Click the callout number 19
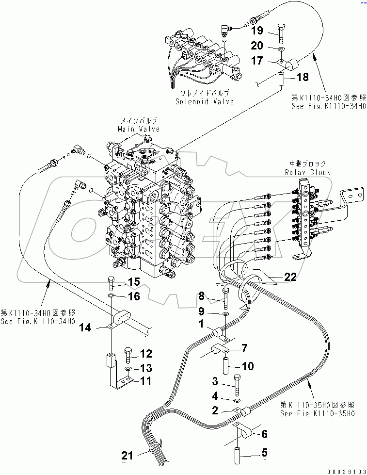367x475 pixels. click(x=257, y=31)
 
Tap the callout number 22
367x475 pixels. click(x=290, y=277)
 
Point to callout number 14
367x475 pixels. click(x=85, y=328)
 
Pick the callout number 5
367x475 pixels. click(x=264, y=453)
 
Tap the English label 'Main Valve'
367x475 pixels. click(x=138, y=129)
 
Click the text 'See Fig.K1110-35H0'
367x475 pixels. click(x=318, y=413)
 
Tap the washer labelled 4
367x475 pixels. click(x=236, y=401)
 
